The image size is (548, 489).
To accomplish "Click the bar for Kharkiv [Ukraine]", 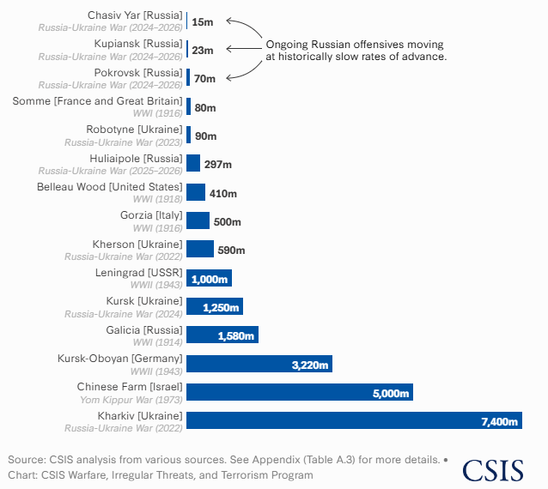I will coord(354,420).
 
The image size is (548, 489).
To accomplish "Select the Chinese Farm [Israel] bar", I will coord(300,392).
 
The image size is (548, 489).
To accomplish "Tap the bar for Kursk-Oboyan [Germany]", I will coord(259,364).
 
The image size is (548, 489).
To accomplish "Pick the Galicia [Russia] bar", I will coord(222,335).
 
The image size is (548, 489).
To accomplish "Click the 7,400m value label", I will coord(499,421).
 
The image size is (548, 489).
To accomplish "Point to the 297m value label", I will coord(218,165).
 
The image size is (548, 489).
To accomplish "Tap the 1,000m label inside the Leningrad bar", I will coord(210,279).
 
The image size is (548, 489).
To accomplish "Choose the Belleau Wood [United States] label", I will coord(110,186).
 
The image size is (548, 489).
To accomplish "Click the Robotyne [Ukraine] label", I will coord(134,130).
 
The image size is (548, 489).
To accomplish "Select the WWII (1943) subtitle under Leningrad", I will coord(155,285).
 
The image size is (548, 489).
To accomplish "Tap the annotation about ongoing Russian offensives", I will coord(356,50).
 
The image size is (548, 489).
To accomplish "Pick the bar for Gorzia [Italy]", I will coord(198,221).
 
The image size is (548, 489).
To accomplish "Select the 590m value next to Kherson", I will coord(231,251).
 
